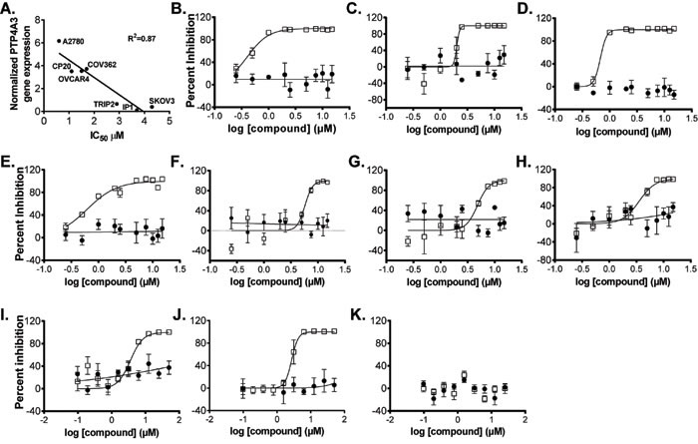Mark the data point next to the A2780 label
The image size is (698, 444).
(59, 41)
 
